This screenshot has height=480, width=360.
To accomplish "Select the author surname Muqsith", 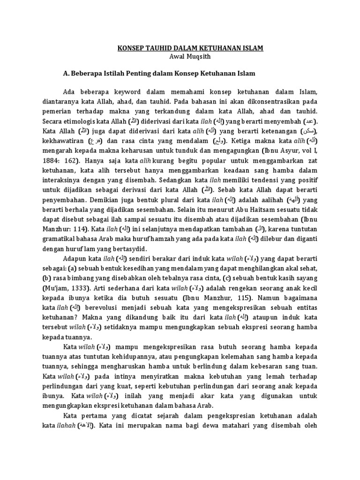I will coord(200,57).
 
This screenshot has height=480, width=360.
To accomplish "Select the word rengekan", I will coord(247,287).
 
